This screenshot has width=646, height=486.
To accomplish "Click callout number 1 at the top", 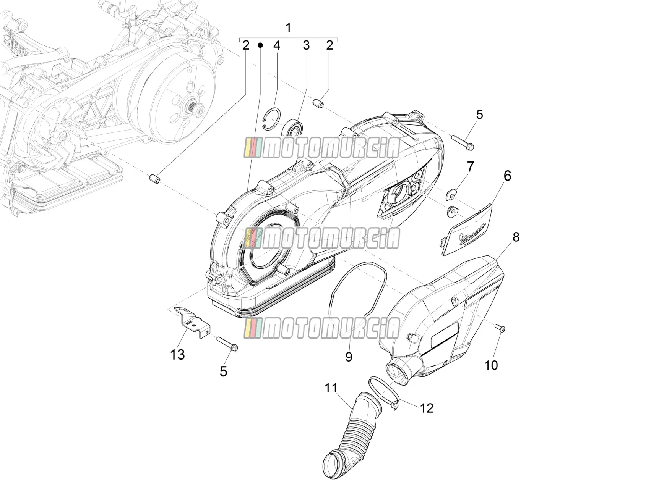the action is [289, 27].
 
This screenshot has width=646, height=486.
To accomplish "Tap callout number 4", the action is [276, 45].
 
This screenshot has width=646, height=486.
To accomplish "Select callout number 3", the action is [306, 45].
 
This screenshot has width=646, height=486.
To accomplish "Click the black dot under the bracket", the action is [260, 45].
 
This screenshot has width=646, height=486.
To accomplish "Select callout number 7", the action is [470, 167].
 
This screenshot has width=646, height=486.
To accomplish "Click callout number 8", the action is [516, 237].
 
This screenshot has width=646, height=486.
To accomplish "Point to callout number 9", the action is [349, 357].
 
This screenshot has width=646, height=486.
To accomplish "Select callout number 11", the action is [331, 388].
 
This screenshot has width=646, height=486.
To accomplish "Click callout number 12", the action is [427, 408].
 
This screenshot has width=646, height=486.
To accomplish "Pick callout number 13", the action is [178, 355].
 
